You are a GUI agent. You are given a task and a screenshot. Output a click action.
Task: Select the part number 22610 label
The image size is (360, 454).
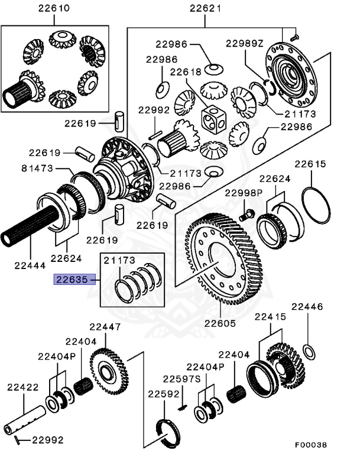pos(53,8)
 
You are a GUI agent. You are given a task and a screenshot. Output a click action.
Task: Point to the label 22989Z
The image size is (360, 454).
pos(245,44)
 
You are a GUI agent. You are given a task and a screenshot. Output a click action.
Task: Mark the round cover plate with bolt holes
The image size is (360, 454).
pos(290,74)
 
